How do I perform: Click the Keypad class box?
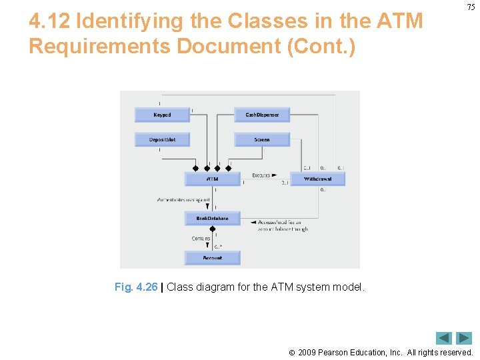[x=162, y=115]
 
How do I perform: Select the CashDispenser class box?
[x=262, y=115]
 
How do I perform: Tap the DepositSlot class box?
[x=162, y=139]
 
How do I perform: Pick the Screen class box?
[x=262, y=139]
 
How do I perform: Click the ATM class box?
[x=212, y=179]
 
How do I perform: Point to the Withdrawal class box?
[x=317, y=179]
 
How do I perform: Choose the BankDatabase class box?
[x=212, y=218]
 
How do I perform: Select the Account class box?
[x=212, y=257]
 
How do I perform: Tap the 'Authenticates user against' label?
[x=183, y=199]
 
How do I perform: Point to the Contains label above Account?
[x=201, y=238]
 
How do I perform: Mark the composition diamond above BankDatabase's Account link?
[x=212, y=229]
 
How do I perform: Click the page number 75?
[x=471, y=7]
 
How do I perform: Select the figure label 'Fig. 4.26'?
[x=136, y=287]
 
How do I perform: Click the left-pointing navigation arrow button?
[x=444, y=338]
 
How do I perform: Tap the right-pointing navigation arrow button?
[x=464, y=338]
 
